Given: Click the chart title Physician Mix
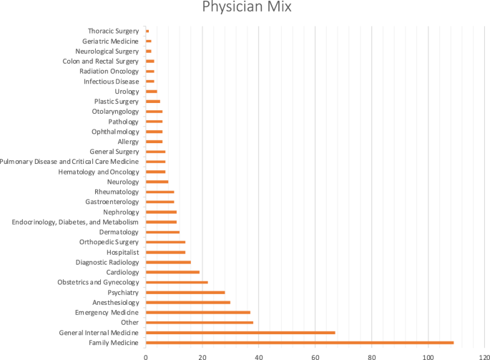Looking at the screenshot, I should [x=245, y=10].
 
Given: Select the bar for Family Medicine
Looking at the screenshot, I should [x=300, y=343].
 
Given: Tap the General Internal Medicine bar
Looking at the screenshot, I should [x=240, y=333].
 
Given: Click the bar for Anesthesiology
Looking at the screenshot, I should [x=188, y=303].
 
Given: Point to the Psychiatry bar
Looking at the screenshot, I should [x=185, y=293].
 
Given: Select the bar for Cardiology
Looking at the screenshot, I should [x=172, y=272].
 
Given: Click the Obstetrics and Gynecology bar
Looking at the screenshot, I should [x=177, y=283].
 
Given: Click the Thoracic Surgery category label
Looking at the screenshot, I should [x=113, y=31].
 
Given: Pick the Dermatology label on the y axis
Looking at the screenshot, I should [x=119, y=232].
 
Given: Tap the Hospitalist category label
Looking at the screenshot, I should [x=122, y=252].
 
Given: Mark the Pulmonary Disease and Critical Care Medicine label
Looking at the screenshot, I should [x=69, y=162].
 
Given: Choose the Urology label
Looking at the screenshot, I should [x=127, y=92].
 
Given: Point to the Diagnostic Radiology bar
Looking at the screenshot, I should [x=168, y=263].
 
